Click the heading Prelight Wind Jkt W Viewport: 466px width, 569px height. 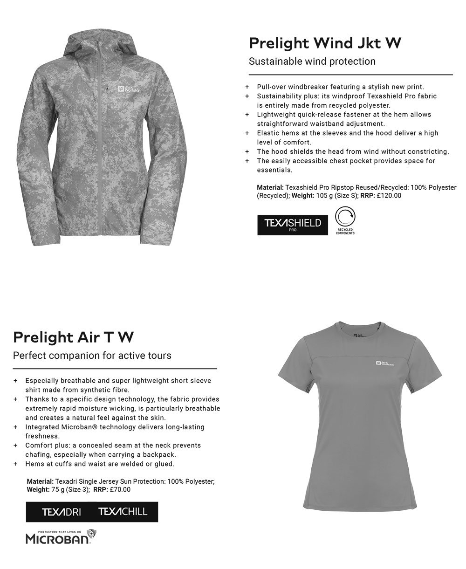point(325,43)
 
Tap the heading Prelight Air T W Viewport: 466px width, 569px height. point(74,337)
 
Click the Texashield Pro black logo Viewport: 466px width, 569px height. point(293,224)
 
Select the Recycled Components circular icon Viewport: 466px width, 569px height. point(345,218)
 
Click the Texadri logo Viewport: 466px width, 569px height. point(62,512)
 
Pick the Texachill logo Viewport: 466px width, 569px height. point(123,512)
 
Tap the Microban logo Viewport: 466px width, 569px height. point(61,537)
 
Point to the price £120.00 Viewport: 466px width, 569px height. point(389,196)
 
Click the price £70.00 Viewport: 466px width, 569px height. point(120,489)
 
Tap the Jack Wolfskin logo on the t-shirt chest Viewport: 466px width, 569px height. point(385,364)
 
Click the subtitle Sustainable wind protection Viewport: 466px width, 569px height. point(312,62)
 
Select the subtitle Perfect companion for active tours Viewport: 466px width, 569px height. point(92,356)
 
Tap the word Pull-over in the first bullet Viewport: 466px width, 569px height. point(271,87)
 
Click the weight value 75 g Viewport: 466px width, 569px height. point(60,489)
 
